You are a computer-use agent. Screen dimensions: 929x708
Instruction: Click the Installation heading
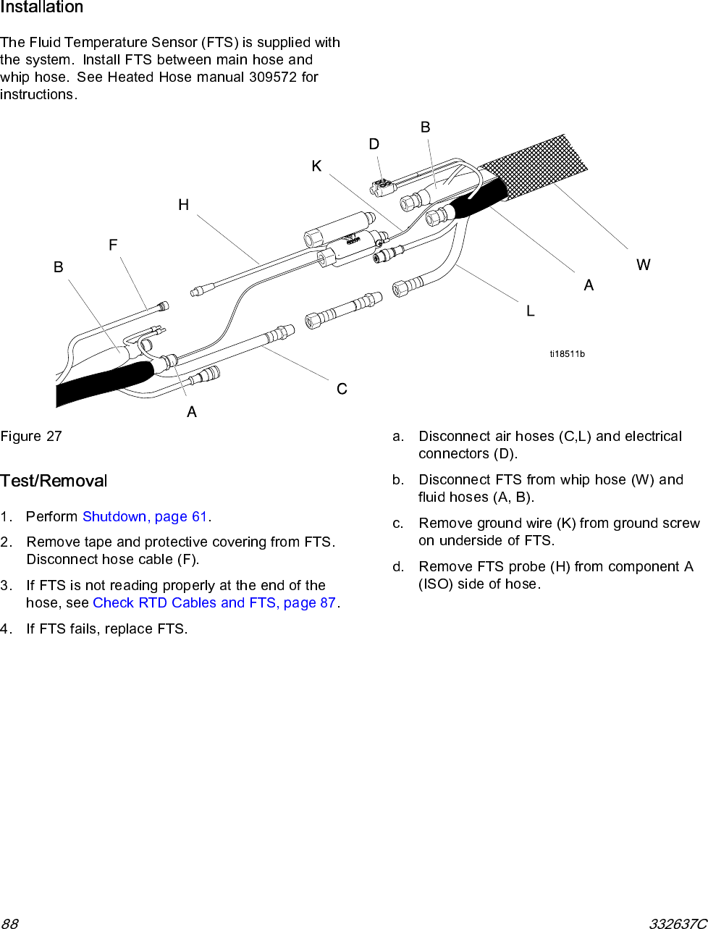(x=41, y=7)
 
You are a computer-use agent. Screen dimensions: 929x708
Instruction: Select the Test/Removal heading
(x=54, y=481)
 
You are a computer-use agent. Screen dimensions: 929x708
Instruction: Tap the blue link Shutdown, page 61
(x=146, y=516)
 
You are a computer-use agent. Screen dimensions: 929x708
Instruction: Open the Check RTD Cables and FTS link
(x=214, y=602)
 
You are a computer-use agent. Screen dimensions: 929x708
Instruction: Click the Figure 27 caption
(x=31, y=436)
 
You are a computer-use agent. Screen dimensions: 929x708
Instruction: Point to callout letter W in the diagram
(x=643, y=265)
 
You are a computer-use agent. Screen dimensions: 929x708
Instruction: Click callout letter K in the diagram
(x=316, y=167)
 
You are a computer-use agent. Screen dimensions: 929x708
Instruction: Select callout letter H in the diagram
(x=184, y=205)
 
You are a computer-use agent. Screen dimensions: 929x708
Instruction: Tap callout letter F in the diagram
(x=113, y=245)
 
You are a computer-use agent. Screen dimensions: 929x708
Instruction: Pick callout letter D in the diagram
(x=374, y=144)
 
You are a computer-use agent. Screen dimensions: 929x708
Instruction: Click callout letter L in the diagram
(x=531, y=311)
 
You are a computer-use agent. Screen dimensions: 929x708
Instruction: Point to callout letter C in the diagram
(x=342, y=389)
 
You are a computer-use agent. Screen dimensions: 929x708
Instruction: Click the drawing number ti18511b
(x=567, y=354)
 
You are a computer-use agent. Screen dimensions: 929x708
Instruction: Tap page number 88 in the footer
(x=10, y=923)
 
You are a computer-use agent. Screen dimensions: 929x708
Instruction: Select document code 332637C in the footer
(x=678, y=923)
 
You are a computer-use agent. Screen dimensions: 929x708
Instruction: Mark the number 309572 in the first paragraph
(x=273, y=77)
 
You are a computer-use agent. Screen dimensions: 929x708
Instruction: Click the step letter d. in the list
(x=398, y=566)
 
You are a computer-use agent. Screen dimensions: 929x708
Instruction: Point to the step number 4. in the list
(x=6, y=629)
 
